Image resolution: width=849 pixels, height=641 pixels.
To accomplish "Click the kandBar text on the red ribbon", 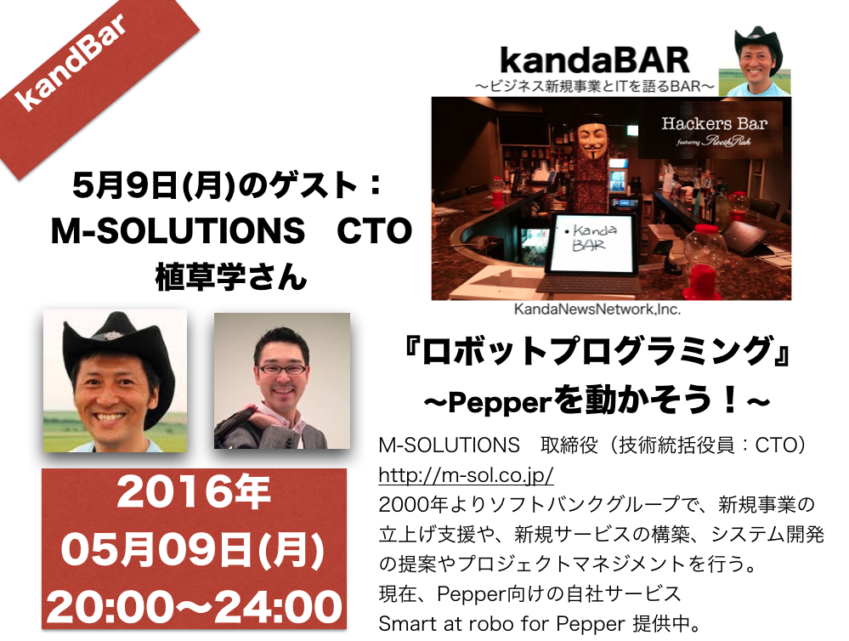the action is click(71, 60).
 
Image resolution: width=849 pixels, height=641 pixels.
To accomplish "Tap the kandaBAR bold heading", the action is click(595, 60).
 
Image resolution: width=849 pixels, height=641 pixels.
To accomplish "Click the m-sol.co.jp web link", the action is click(467, 475).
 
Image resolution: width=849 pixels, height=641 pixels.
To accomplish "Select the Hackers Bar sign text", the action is click(714, 123).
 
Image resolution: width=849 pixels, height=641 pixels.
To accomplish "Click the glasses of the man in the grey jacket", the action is click(281, 369).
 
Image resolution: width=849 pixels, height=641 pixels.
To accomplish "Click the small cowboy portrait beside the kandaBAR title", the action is click(756, 61).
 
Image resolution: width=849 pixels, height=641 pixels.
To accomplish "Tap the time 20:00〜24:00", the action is click(195, 606).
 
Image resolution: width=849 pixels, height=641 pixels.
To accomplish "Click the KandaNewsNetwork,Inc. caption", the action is click(597, 309).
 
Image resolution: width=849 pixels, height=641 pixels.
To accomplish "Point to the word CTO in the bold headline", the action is click(374, 230).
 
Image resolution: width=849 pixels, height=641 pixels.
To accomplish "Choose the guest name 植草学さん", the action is click(231, 277).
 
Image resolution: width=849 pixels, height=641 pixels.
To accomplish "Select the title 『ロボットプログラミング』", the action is click(595, 350).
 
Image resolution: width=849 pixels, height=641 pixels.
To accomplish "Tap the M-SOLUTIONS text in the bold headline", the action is click(178, 230).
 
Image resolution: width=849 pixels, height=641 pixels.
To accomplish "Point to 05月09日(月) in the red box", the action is click(193, 549).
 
